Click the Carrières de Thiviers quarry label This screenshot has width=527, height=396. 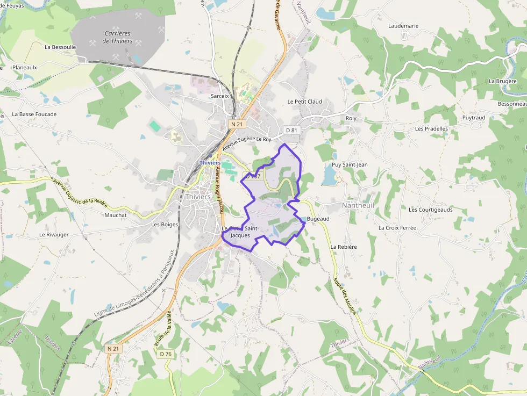(117, 37)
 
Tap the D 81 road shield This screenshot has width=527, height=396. (291, 130)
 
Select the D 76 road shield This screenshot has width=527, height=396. (166, 354)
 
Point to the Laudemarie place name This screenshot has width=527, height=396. (403, 26)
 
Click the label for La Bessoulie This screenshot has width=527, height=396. (60, 47)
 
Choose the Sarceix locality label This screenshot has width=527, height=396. (220, 96)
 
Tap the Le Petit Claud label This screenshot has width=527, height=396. (304, 102)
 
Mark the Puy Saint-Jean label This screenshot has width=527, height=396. (350, 164)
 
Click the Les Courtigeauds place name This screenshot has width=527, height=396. (430, 210)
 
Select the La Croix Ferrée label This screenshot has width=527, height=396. (397, 228)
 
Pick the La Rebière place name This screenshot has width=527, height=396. (344, 247)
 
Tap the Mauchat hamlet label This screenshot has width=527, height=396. (116, 215)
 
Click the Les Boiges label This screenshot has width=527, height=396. (165, 225)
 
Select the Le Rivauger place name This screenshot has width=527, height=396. (54, 235)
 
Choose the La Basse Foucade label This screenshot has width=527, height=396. (34, 114)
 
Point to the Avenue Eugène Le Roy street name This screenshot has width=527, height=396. (247, 143)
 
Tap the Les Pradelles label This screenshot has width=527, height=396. (431, 129)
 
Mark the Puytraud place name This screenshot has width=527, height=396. (474, 118)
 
